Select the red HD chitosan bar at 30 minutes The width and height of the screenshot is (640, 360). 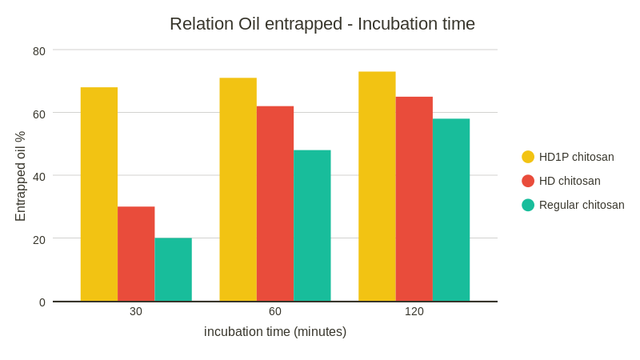(x=136, y=254)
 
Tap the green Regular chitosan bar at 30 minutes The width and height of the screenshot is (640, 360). (x=174, y=270)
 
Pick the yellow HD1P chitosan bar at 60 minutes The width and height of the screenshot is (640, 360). (x=238, y=190)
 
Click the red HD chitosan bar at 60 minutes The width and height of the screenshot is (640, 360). (x=275, y=203)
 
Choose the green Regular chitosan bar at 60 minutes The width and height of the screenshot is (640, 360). (x=312, y=226)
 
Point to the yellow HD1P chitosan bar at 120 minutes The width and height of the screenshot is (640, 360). (x=377, y=186)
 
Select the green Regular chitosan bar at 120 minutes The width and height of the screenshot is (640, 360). (x=451, y=210)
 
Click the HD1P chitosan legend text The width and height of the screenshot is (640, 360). (x=576, y=157)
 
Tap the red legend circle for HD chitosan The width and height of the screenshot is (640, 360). (x=528, y=181)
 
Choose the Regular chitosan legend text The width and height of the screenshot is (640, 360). (x=582, y=205)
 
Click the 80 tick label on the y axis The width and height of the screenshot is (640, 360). (x=39, y=51)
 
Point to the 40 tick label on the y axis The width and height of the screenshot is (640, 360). (x=39, y=176)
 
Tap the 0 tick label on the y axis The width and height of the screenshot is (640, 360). (x=42, y=302)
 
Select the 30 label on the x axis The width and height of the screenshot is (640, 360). (x=136, y=311)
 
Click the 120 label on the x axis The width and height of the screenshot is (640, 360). (x=414, y=311)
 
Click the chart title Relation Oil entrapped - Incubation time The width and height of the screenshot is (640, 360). (x=322, y=24)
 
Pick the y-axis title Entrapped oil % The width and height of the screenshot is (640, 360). (x=21, y=176)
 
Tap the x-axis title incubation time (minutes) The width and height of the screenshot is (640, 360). (x=275, y=331)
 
